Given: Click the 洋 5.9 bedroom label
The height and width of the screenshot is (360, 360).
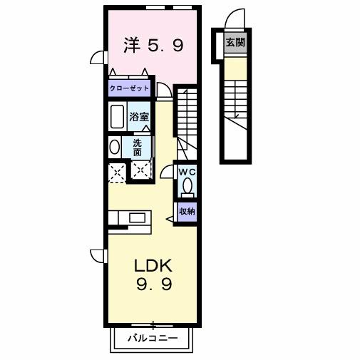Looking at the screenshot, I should [x=153, y=46].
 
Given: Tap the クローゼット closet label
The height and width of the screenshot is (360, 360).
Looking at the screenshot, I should [x=130, y=88].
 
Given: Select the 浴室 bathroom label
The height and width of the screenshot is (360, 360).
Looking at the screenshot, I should [x=138, y=115].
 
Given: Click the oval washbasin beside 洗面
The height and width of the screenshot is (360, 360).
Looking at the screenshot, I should [x=115, y=147].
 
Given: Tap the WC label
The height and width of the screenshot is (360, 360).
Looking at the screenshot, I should [x=186, y=172].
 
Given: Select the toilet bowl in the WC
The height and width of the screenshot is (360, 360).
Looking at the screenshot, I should [x=187, y=187].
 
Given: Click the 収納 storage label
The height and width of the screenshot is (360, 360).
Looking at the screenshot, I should [x=187, y=211].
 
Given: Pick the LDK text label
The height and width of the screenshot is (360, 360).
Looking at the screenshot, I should [x=155, y=265].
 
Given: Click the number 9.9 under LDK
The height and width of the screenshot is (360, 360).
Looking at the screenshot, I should [x=155, y=284].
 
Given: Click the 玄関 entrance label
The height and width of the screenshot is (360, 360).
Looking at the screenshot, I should [x=235, y=43].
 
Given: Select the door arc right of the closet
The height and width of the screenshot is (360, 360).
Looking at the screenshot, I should [x=164, y=89].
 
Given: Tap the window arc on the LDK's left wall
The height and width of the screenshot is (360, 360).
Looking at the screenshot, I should [x=98, y=256].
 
